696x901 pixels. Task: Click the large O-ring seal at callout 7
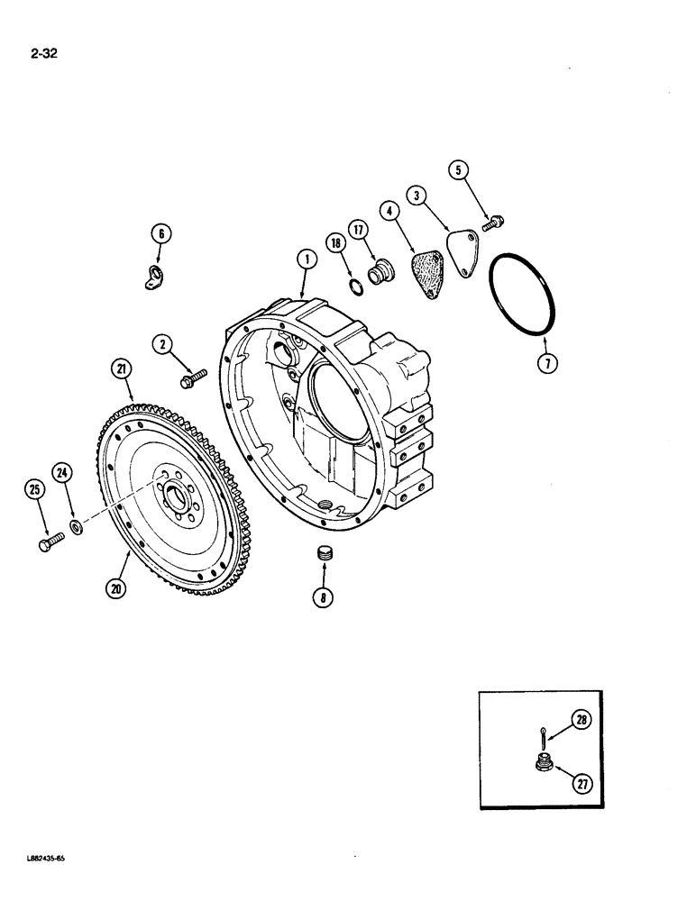tap(527, 294)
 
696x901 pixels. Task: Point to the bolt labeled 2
tap(193, 378)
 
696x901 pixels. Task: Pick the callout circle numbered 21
tap(121, 367)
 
